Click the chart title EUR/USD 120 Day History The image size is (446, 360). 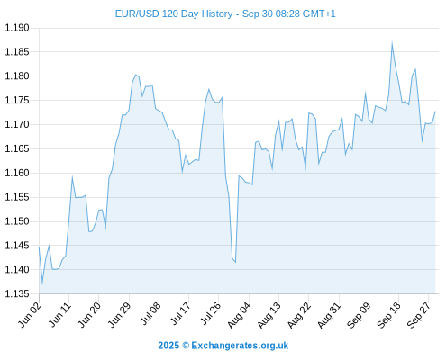click(174, 13)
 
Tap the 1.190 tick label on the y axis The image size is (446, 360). click(17, 28)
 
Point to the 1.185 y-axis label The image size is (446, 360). click(17, 52)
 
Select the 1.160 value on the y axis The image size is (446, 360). click(17, 173)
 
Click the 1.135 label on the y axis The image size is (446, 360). click(17, 293)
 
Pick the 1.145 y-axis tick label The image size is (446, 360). click(17, 246)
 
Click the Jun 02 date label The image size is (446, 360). click(30, 315)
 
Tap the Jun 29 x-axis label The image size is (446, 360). click(120, 315)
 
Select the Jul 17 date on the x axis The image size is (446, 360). click(180, 314)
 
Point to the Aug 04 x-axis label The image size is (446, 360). click(239, 316)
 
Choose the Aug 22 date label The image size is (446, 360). click(299, 316)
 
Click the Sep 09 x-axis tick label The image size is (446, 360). click(359, 316)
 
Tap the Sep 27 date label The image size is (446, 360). click(419, 316)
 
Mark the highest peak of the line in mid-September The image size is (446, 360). click(392, 43)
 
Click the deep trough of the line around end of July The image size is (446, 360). click(235, 262)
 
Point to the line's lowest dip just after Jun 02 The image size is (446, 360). click(42, 283)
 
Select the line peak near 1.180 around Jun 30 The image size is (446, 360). click(135, 75)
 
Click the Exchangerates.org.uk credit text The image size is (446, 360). click(240, 346)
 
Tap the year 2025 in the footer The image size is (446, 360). click(168, 346)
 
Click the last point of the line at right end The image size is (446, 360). click(435, 112)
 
